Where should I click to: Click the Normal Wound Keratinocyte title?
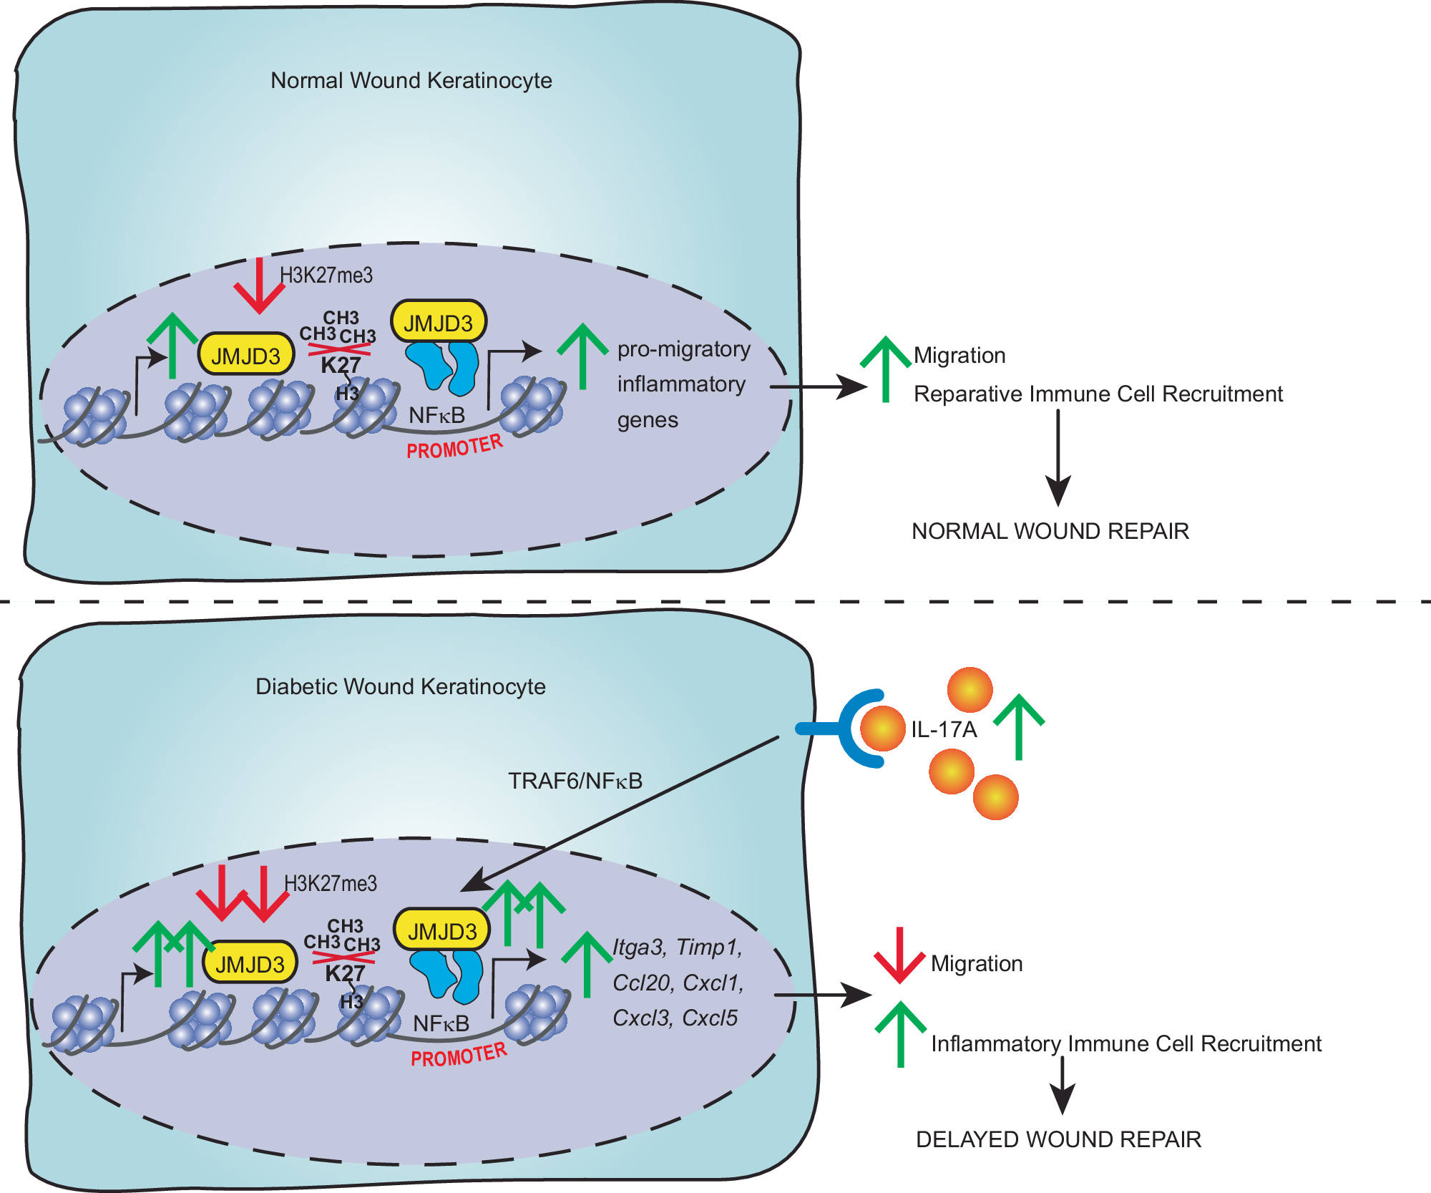click(411, 80)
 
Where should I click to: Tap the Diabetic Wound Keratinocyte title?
click(400, 686)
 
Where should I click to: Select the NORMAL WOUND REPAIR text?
click(1050, 531)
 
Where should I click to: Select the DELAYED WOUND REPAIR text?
click(1058, 1139)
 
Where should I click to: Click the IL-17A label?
click(943, 729)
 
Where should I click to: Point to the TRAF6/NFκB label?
click(575, 781)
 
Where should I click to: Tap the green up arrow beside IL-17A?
click(1019, 726)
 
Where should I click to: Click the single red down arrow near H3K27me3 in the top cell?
click(259, 286)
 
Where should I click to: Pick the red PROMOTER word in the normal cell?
click(455, 447)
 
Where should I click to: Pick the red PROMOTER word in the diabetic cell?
click(459, 1056)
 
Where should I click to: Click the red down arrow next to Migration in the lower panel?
click(899, 955)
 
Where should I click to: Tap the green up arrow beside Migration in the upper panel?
click(885, 369)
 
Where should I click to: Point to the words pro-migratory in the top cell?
click(683, 349)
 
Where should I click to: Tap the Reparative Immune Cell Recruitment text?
click(1098, 394)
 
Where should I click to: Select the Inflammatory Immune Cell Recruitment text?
click(1125, 1043)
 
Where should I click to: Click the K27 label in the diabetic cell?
click(345, 973)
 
